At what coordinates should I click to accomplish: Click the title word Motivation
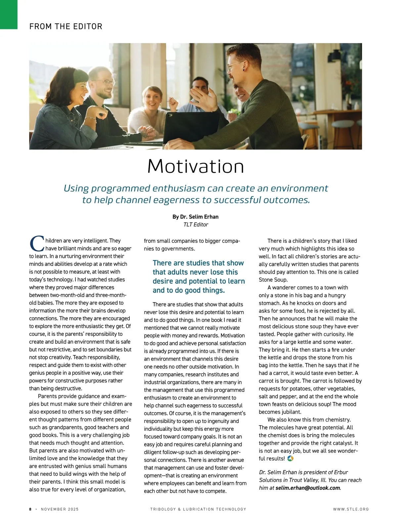pyautogui.click(x=196, y=166)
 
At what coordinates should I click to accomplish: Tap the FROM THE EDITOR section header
pyautogui.click(x=66, y=26)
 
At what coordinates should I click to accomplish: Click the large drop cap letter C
pyautogui.click(x=36, y=244)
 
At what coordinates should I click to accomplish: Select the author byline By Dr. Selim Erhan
pyautogui.click(x=195, y=217)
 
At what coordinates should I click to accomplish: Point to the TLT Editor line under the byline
pyautogui.click(x=196, y=225)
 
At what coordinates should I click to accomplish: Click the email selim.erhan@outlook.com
pyautogui.click(x=307, y=488)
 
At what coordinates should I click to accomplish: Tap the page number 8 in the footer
pyautogui.click(x=30, y=509)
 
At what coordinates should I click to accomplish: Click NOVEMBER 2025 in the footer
pyautogui.click(x=60, y=509)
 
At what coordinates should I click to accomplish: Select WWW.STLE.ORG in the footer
pyautogui.click(x=351, y=509)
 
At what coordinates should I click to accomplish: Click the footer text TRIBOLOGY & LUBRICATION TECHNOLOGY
pyautogui.click(x=198, y=509)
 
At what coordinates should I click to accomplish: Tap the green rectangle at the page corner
pyautogui.click(x=9, y=14)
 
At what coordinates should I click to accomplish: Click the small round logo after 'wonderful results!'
pyautogui.click(x=290, y=459)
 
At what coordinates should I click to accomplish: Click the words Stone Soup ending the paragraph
pyautogui.click(x=273, y=280)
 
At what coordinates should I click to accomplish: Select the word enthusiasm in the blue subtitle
pyautogui.click(x=178, y=188)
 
